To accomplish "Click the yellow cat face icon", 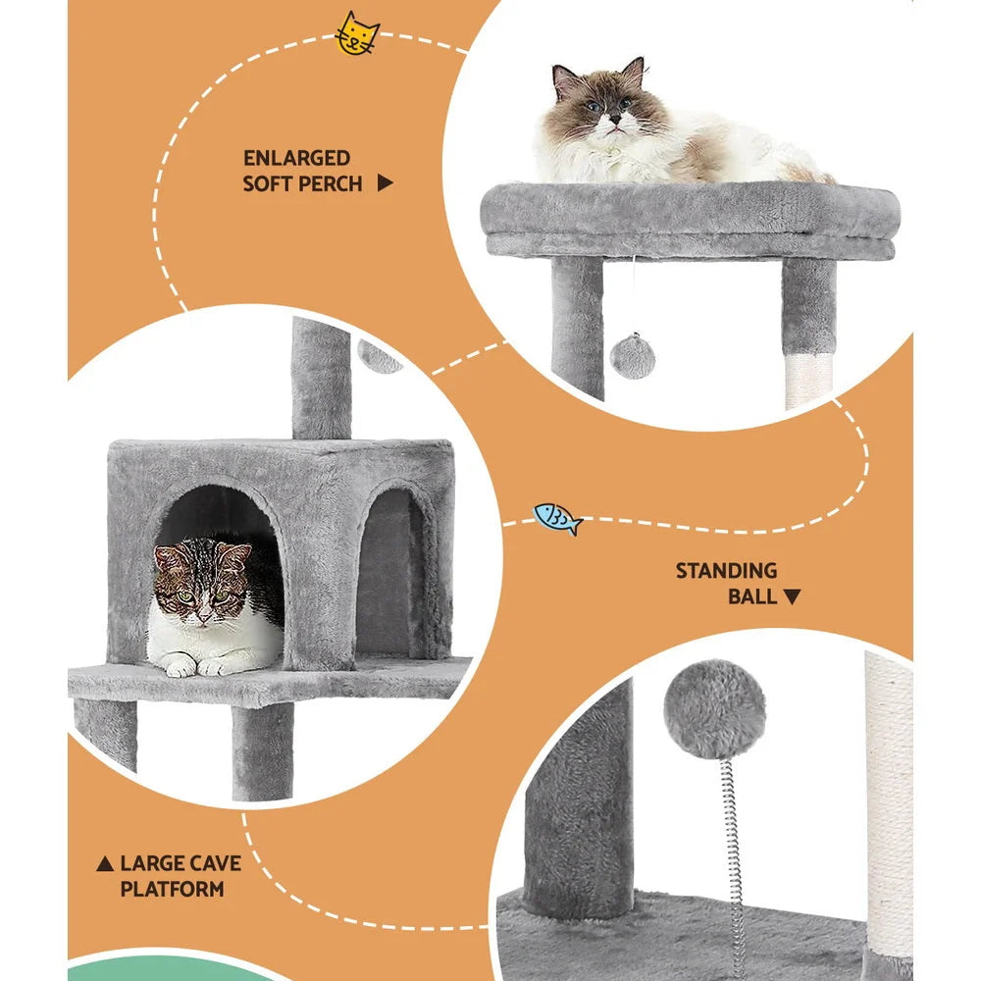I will tap(357, 34).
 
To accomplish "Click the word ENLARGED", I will tap(296, 158).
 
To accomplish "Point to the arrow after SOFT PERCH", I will tap(385, 183).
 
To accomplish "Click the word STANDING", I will tap(725, 571).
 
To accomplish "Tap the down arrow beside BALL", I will tap(793, 596).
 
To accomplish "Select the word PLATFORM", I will tap(172, 890).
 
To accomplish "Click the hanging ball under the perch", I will tap(633, 355).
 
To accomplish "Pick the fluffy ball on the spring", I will tap(714, 707).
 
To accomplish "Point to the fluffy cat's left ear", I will tap(564, 77).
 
